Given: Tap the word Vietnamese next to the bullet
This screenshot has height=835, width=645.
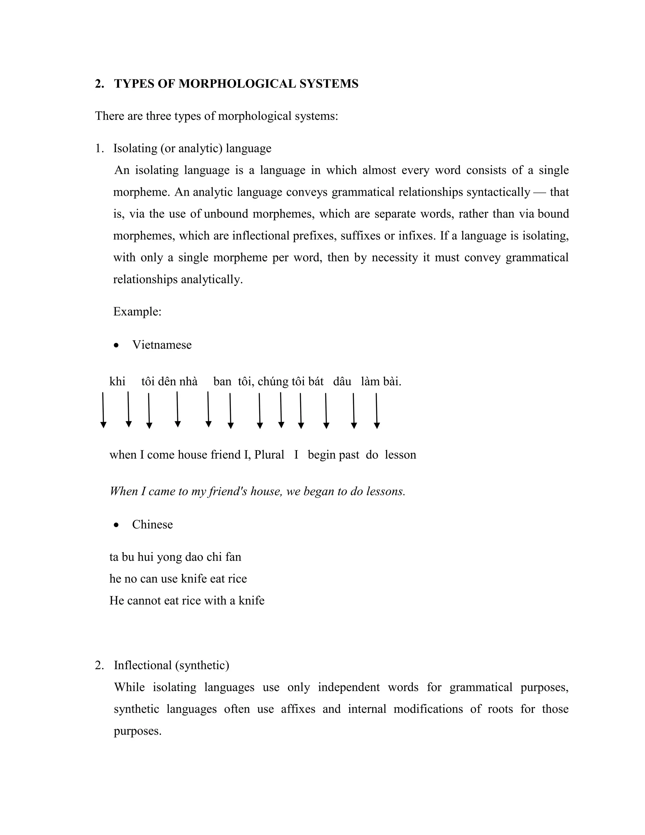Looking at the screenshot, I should click(x=162, y=345).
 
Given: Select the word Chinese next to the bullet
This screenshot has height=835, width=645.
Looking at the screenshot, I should click(x=152, y=524).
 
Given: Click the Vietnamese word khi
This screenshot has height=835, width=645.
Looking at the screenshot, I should click(x=117, y=382).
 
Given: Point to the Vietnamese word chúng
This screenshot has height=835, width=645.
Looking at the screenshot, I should click(x=273, y=382).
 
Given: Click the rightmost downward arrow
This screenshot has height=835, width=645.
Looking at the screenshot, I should click(x=377, y=411).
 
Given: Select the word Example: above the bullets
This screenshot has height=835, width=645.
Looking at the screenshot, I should click(x=137, y=312).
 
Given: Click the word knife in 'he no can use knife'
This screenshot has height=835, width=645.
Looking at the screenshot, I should click(x=194, y=579).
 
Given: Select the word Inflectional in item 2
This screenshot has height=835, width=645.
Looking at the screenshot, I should click(x=143, y=665).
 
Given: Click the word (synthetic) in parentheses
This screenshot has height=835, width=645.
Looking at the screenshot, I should click(x=202, y=665).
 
